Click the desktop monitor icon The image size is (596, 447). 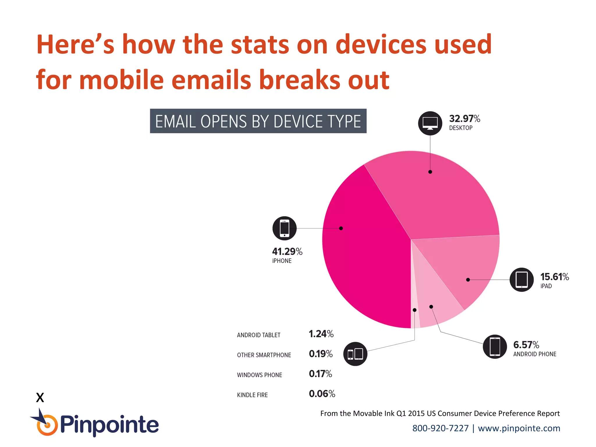430,123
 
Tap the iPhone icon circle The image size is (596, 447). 284,228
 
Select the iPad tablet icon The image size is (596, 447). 521,280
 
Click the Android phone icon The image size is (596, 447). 495,347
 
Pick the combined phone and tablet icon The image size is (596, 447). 355,354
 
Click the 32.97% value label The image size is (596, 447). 464,119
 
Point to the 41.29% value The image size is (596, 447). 287,251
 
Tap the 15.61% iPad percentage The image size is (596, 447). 554,277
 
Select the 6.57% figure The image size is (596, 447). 526,345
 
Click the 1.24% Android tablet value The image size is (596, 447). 321,334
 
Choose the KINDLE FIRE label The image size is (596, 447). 252,395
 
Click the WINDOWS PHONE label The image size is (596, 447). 259,375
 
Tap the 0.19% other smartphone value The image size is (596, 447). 320,354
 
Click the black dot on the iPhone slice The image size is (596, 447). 341,228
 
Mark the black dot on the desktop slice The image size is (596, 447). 430,172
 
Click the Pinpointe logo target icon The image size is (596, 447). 47,425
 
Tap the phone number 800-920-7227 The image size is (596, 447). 440,428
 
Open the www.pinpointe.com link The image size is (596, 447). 519,428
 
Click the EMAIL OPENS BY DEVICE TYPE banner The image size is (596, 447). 258,121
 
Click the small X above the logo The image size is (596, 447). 40,398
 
